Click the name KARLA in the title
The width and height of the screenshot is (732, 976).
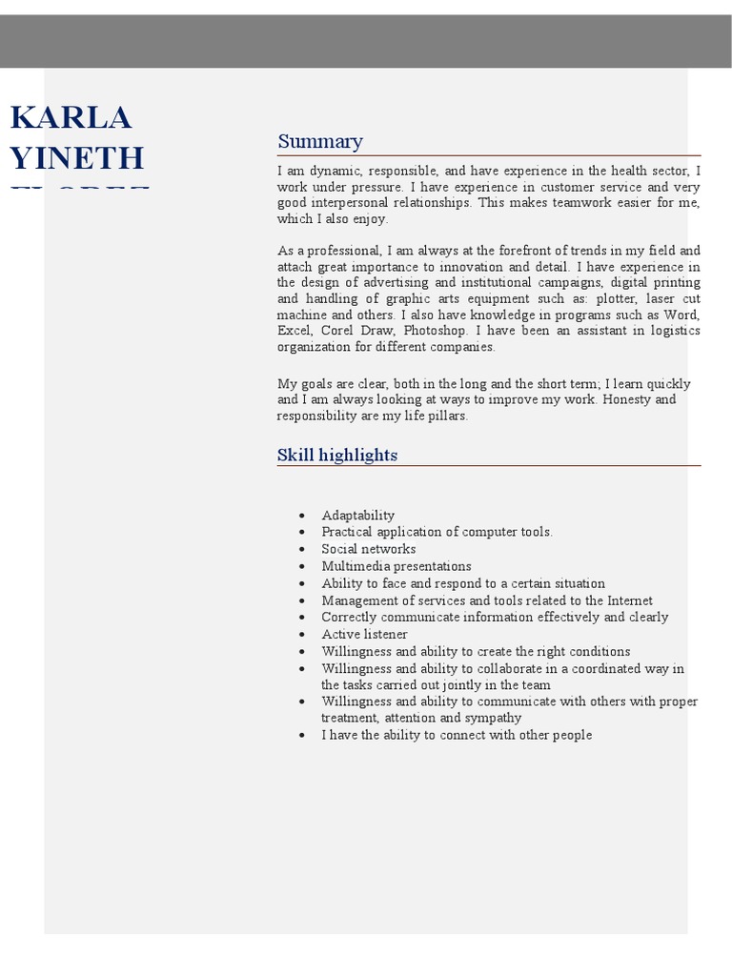pos(71,119)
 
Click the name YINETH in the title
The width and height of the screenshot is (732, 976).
pos(78,158)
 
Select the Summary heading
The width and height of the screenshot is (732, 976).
pos(320,142)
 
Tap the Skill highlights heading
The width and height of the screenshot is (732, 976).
pos(337,456)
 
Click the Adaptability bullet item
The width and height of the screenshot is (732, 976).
pos(357,516)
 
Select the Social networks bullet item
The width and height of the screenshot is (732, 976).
pos(368,549)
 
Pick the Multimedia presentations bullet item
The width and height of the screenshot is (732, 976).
pos(396,566)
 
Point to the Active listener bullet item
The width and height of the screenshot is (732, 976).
pos(364,635)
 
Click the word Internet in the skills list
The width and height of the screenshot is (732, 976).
pos(626,600)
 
